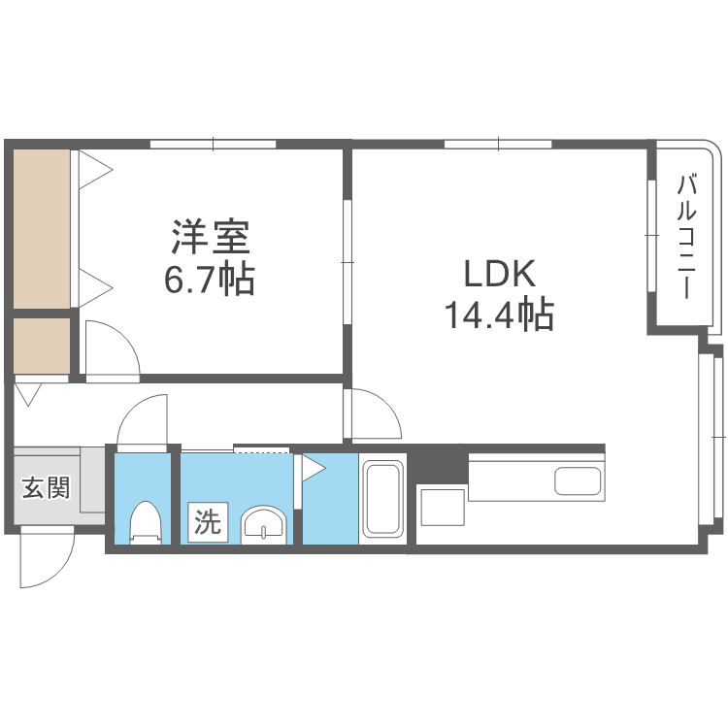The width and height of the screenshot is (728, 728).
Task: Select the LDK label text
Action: [499, 275]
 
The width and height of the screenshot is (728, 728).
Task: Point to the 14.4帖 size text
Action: [499, 315]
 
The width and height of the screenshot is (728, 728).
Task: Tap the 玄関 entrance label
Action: [46, 487]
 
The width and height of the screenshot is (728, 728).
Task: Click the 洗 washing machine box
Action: [207, 522]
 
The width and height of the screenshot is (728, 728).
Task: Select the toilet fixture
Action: [146, 522]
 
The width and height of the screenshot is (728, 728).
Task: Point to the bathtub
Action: [382, 498]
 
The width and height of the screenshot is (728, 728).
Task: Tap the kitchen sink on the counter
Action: [578, 480]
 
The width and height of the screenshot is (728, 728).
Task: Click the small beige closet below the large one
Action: [41, 346]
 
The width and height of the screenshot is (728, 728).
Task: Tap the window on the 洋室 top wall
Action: [214, 146]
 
